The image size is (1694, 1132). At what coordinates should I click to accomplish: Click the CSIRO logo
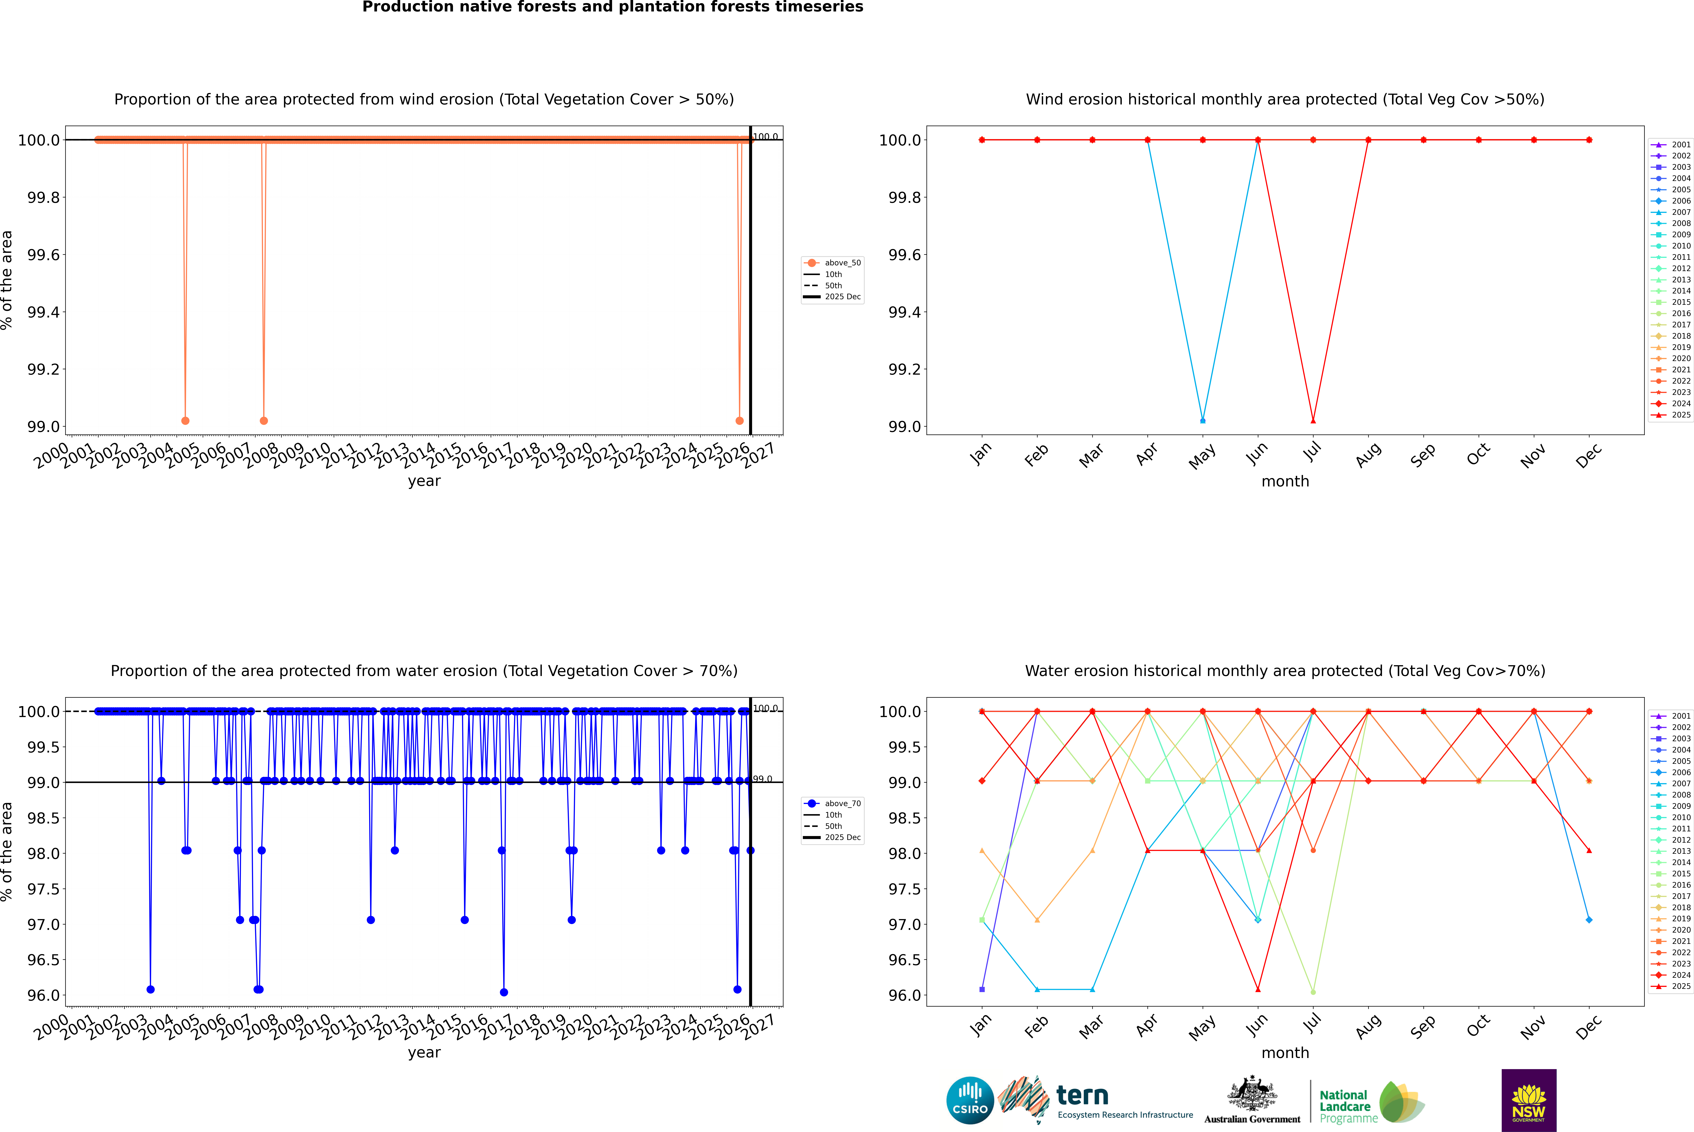[x=970, y=1100]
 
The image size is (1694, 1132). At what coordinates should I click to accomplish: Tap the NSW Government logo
[x=1529, y=1100]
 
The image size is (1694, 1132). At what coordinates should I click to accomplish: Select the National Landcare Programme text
[x=1345, y=1106]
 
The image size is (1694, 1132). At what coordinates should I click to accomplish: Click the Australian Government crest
[x=1252, y=1094]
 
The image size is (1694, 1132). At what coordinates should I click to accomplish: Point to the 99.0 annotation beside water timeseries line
[x=763, y=779]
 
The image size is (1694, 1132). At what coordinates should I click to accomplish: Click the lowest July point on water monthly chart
[x=1313, y=992]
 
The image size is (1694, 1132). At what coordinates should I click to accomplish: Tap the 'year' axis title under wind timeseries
[x=424, y=481]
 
